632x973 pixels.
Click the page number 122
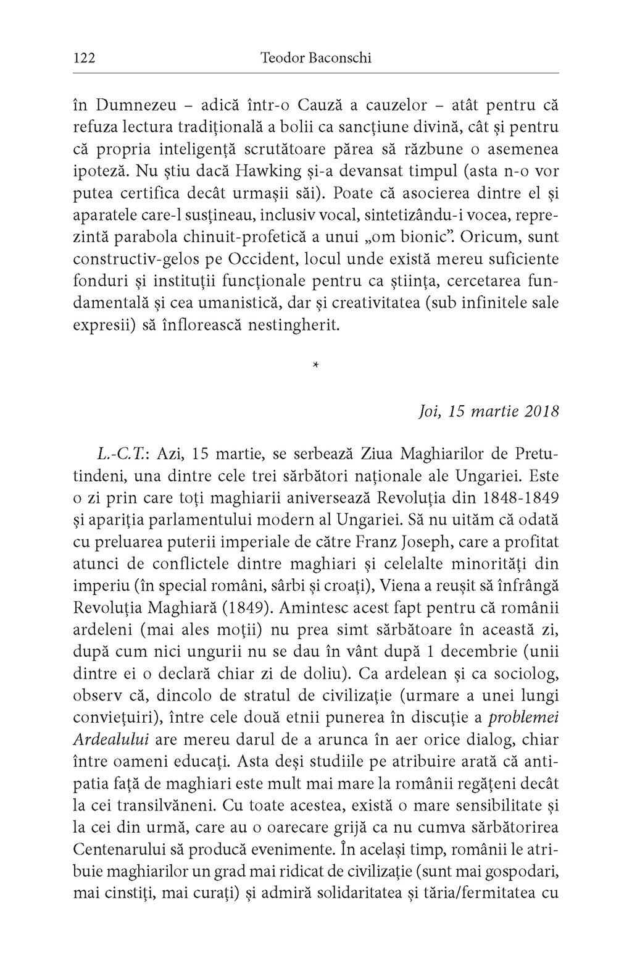(83, 58)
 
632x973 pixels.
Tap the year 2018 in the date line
(541, 411)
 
